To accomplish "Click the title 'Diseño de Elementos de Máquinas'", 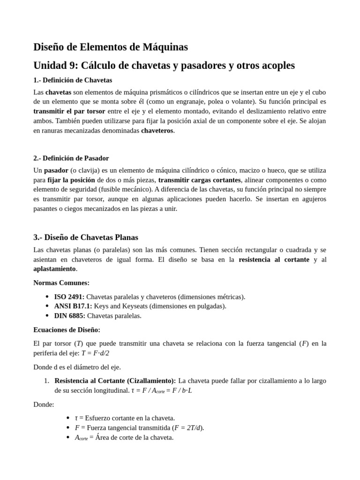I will tap(111, 47).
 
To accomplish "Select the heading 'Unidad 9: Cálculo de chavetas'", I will tap(164, 65).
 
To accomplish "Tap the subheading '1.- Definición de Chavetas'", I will tap(73, 80).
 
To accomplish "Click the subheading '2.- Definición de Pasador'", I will tap(71, 158).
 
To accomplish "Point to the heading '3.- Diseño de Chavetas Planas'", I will tap(86, 237).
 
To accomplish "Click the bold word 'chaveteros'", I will tap(157, 130).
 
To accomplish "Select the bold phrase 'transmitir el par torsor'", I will tap(69, 111).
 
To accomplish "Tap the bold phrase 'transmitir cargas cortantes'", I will tap(200, 180).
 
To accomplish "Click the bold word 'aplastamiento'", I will tap(54, 269).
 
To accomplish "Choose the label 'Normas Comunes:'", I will tap(61, 283).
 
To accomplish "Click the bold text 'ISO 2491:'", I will tap(69, 297).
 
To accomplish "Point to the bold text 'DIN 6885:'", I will tap(70, 315).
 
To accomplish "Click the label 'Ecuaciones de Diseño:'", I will tap(67, 330).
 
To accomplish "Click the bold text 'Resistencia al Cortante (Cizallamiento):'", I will tap(115, 381).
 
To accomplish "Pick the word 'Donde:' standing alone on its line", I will tap(44, 404).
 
